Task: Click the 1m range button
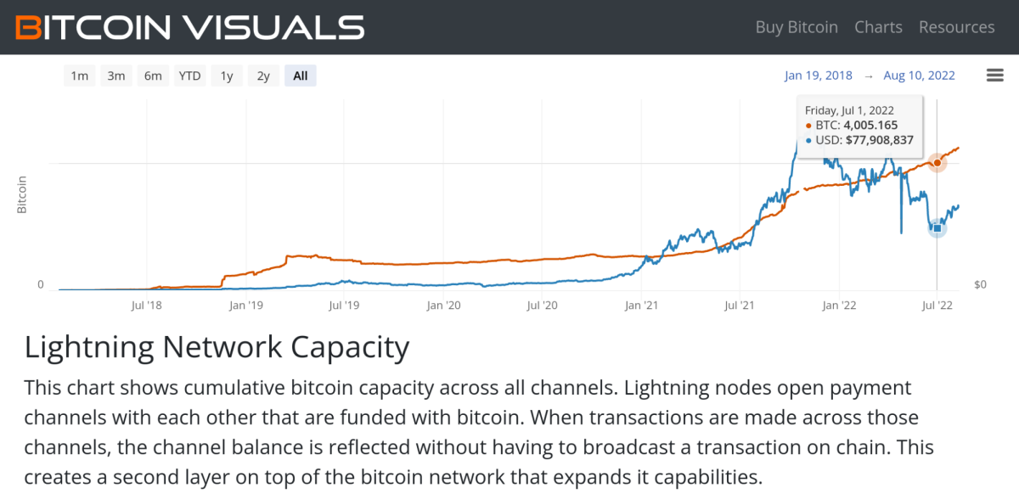(x=79, y=76)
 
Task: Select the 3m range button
(x=116, y=76)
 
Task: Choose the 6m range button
(x=153, y=76)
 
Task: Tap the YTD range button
(x=189, y=76)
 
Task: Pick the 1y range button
(x=227, y=76)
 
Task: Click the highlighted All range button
(x=301, y=76)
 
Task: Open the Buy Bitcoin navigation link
(x=797, y=27)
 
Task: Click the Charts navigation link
(x=878, y=27)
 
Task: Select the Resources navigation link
(x=956, y=27)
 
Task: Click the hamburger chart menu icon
(x=995, y=76)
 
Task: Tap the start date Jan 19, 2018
(x=819, y=76)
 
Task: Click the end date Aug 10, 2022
(x=919, y=76)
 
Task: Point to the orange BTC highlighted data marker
(x=937, y=162)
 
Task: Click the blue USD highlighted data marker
(x=937, y=227)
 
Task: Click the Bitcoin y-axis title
(x=23, y=194)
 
